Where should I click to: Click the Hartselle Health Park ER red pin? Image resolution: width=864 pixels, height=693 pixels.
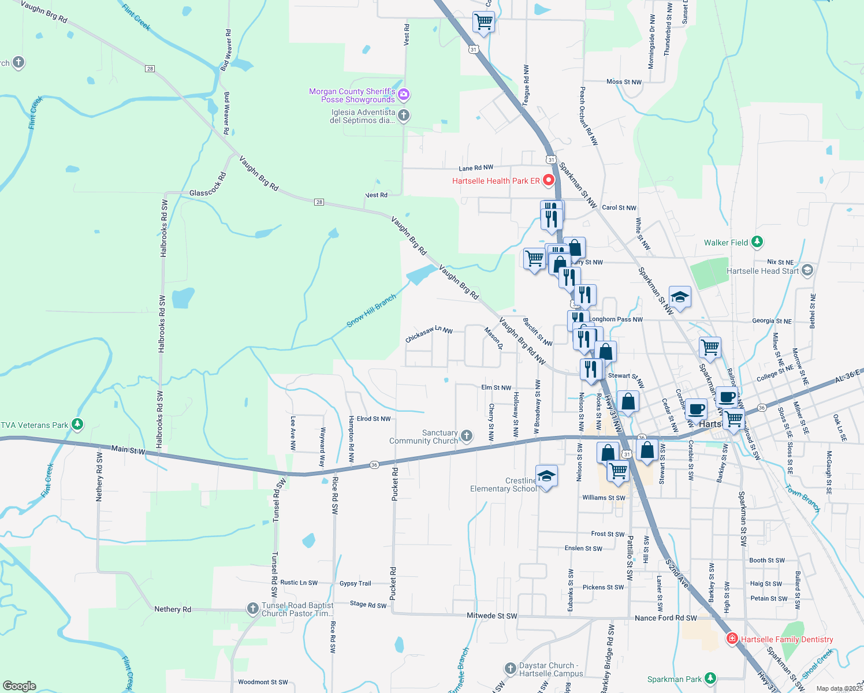click(x=549, y=180)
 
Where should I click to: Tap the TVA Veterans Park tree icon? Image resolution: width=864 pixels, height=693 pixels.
click(x=77, y=424)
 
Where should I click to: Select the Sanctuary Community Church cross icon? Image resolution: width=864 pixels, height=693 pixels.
click(x=467, y=436)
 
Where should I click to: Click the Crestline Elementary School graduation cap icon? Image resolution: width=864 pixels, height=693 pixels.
click(x=546, y=476)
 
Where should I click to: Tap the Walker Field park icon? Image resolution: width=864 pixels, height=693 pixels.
click(x=757, y=243)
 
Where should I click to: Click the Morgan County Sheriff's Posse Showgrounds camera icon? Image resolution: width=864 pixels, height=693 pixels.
click(x=404, y=94)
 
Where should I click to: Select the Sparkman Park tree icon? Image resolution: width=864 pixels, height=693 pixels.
click(x=710, y=679)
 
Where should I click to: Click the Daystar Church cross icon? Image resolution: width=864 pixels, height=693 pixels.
click(x=510, y=669)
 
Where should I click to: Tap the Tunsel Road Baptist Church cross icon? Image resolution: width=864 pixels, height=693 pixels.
click(x=252, y=608)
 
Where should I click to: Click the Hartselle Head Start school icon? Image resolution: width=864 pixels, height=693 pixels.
click(x=807, y=270)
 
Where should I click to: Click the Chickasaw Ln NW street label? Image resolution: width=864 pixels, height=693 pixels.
click(x=429, y=334)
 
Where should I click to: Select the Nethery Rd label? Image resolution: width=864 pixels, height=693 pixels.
click(x=172, y=609)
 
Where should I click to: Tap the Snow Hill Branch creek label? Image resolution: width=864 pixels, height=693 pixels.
click(x=371, y=311)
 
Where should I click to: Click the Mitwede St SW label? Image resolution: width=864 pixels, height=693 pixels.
click(x=491, y=616)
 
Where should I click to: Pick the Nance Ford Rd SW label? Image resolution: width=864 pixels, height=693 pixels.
click(x=665, y=618)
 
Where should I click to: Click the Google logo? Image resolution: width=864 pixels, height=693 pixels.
click(x=20, y=686)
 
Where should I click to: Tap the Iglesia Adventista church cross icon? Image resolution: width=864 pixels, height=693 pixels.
click(x=404, y=115)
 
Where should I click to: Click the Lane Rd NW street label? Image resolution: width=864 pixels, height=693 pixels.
click(x=476, y=168)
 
